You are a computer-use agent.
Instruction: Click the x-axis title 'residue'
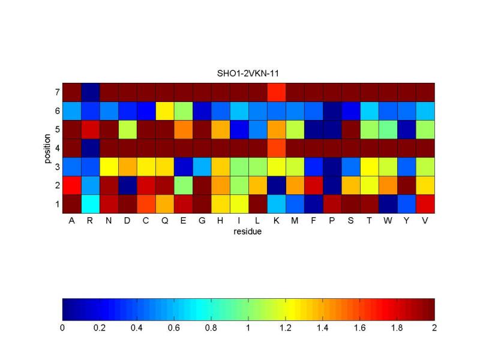(x=248, y=231)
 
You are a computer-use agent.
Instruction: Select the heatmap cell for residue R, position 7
(x=90, y=92)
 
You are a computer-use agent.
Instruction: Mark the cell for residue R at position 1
(x=90, y=204)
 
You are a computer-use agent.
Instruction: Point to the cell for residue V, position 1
(x=425, y=204)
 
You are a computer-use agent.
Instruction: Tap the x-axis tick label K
(x=276, y=220)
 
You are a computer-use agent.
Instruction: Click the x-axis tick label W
(x=388, y=220)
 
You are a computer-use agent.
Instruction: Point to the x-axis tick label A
(x=71, y=220)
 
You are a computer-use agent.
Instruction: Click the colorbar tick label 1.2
(x=286, y=329)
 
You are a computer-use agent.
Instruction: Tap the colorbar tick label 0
(x=62, y=329)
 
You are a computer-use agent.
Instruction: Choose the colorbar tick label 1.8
(x=397, y=329)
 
